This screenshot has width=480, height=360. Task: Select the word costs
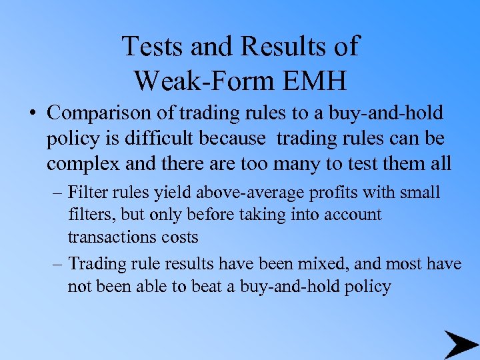point(181,237)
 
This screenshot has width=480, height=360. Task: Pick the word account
point(350,215)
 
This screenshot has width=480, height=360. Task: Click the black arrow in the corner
point(461,344)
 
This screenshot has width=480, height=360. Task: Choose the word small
point(421,193)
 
